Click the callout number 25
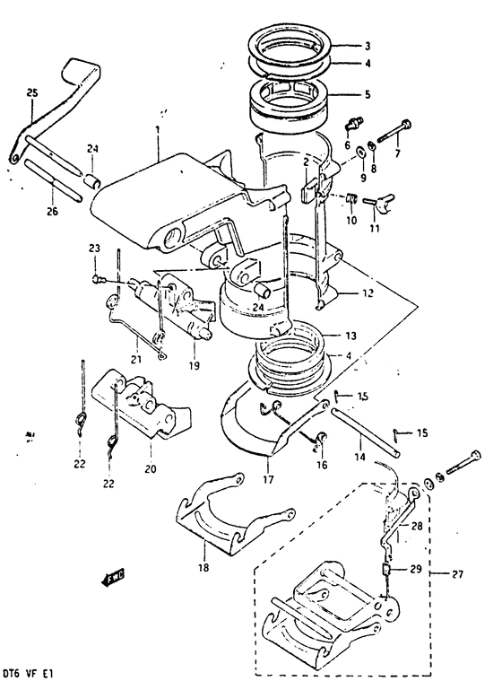coord(32,92)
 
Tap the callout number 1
coord(158,131)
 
